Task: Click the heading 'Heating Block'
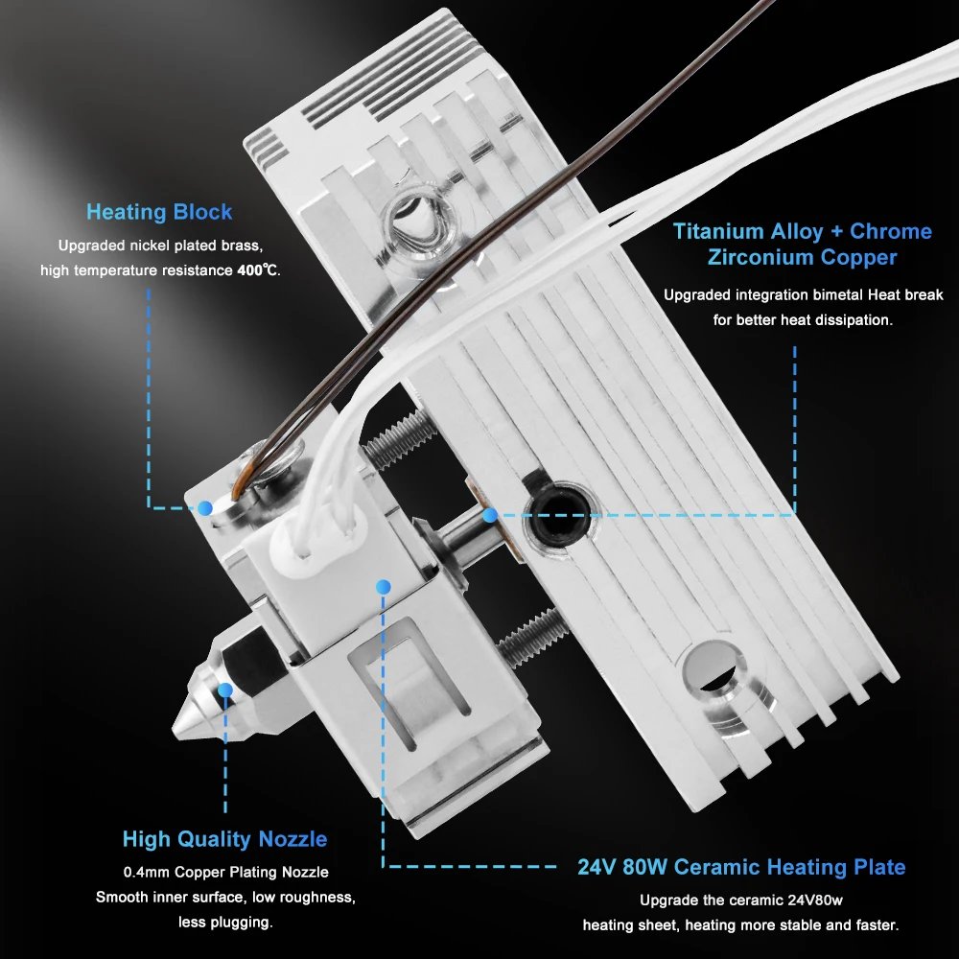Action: tap(159, 212)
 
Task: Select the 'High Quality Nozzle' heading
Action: tap(224, 839)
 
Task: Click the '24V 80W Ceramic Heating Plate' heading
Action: tap(741, 867)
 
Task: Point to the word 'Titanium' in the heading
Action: tap(720, 231)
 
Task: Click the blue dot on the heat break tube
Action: tap(490, 516)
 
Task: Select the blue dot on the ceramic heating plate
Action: tap(384, 586)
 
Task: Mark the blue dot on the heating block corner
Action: tap(205, 506)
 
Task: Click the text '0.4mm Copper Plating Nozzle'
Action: tap(225, 873)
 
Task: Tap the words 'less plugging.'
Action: tap(225, 923)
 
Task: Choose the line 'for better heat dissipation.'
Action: tap(803, 320)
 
